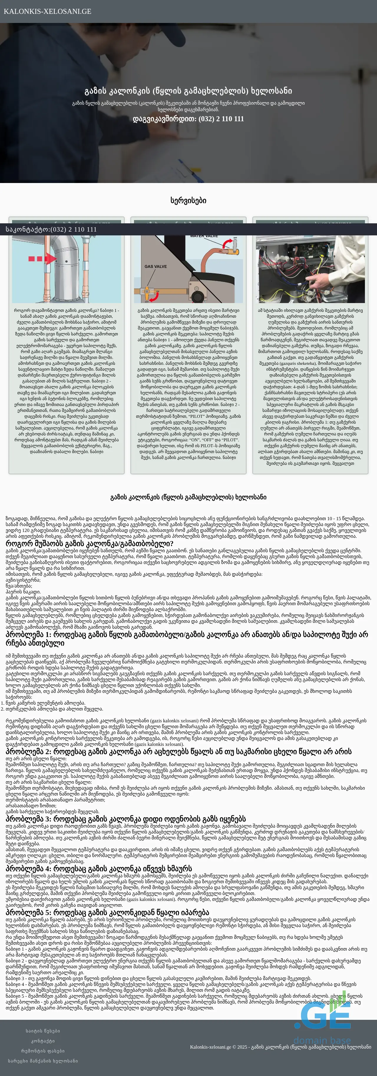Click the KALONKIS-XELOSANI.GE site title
click(47, 11)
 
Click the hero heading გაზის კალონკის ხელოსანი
click(188, 91)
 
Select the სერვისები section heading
click(188, 200)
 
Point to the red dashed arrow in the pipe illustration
click(42, 259)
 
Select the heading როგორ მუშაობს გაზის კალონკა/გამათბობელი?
click(90, 543)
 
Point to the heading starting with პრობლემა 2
click(178, 751)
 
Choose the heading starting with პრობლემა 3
click(125, 819)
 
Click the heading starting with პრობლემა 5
click(107, 912)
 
